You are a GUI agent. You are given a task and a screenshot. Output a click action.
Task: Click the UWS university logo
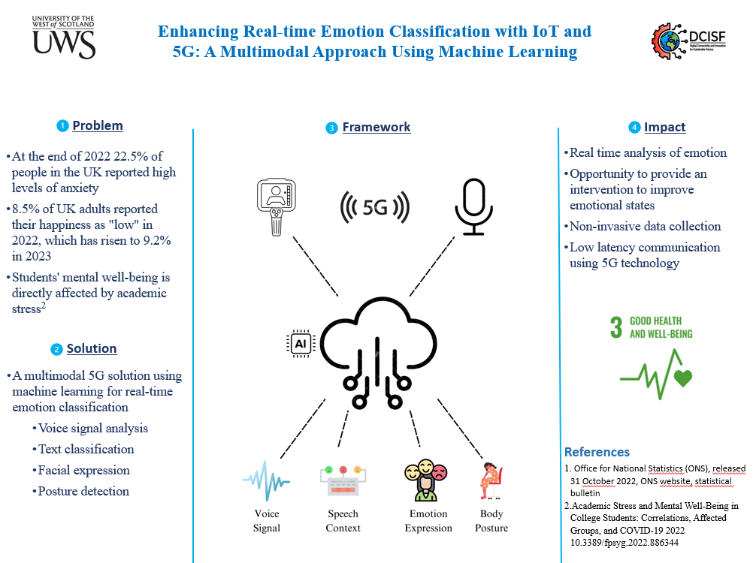(x=63, y=38)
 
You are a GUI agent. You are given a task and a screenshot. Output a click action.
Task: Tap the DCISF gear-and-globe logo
(x=688, y=41)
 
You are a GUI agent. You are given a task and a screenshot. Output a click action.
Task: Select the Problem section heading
(x=98, y=125)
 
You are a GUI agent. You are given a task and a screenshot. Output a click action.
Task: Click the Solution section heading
(x=92, y=348)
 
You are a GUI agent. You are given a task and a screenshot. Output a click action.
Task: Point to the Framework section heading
(x=376, y=127)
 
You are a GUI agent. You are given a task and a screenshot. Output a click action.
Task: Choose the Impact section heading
(x=664, y=127)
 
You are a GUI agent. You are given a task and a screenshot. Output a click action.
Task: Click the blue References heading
(x=597, y=452)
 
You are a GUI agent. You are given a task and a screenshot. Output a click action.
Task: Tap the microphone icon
(x=474, y=206)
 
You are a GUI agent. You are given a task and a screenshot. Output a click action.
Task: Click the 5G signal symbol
(x=374, y=207)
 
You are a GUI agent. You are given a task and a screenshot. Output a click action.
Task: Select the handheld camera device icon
(x=276, y=207)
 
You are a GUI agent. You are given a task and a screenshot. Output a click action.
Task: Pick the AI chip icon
(x=301, y=343)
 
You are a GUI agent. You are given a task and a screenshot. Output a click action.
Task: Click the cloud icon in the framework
(x=379, y=353)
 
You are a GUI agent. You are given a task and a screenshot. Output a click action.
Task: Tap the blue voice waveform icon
(x=266, y=481)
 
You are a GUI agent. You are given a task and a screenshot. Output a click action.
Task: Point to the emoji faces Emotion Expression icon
(x=426, y=480)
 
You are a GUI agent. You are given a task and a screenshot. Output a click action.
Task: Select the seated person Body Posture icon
(x=491, y=481)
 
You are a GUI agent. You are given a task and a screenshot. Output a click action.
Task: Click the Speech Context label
(x=343, y=521)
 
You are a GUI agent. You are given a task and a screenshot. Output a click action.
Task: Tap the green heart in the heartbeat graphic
(x=683, y=378)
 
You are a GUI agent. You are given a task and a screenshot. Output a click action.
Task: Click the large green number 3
(x=616, y=327)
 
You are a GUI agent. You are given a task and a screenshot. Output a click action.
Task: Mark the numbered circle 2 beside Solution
(x=56, y=350)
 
